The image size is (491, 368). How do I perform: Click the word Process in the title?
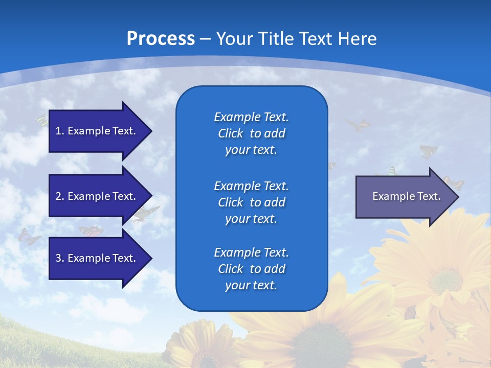(x=161, y=39)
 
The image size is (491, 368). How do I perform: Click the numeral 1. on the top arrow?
(x=59, y=131)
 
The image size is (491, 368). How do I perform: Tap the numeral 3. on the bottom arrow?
(x=59, y=258)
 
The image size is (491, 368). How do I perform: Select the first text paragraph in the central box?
(x=251, y=133)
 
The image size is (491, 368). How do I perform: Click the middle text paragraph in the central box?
(x=251, y=202)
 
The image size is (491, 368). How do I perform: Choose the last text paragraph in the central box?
(x=251, y=269)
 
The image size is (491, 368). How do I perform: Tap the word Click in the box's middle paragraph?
(x=231, y=202)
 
